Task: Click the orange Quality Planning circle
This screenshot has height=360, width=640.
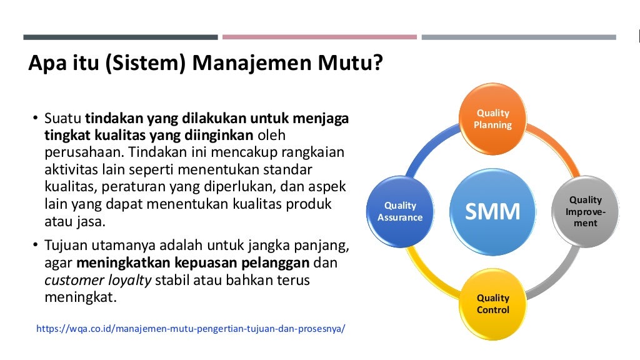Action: pos(493,119)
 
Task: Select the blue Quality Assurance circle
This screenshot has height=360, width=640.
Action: pos(400,211)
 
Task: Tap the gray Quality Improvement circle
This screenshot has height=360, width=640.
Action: pos(585,211)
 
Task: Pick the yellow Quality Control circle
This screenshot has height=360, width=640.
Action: pos(493,304)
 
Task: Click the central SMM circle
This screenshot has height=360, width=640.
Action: pos(493,211)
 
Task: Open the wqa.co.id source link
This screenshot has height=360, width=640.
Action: pos(191,328)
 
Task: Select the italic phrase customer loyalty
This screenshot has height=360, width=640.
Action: pos(98,280)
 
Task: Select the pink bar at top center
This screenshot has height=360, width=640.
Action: pos(319,37)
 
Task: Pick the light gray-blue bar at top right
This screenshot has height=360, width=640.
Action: pos(518,37)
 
